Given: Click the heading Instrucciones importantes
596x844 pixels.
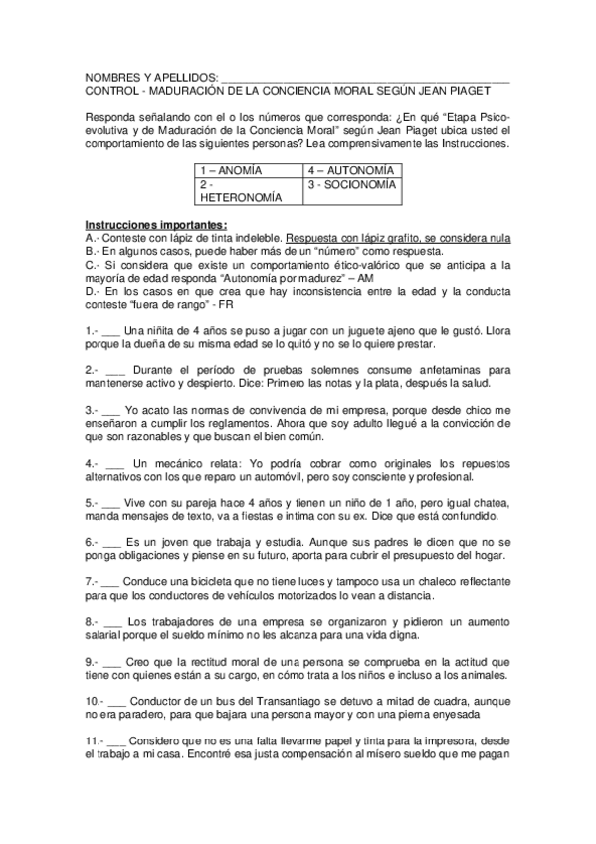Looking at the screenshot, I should coord(156,224).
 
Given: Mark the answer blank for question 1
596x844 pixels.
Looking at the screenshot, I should coord(110,330).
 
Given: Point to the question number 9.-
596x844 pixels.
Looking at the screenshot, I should coord(95,660).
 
